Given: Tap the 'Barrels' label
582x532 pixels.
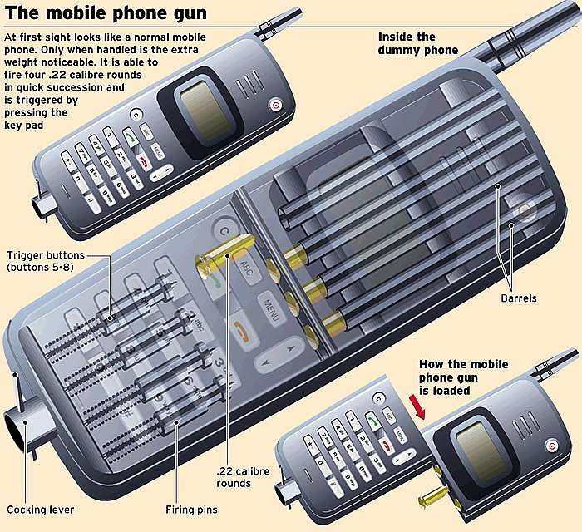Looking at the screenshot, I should click(x=520, y=298).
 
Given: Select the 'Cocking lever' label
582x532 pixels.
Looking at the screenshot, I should click(x=40, y=510).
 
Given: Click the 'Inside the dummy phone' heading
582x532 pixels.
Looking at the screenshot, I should click(x=418, y=43).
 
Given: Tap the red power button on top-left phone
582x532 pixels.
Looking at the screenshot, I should click(x=274, y=106).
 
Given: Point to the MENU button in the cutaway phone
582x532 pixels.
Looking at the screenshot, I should click(x=270, y=308).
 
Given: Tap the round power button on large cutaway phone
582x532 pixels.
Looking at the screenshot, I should click(x=525, y=211).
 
